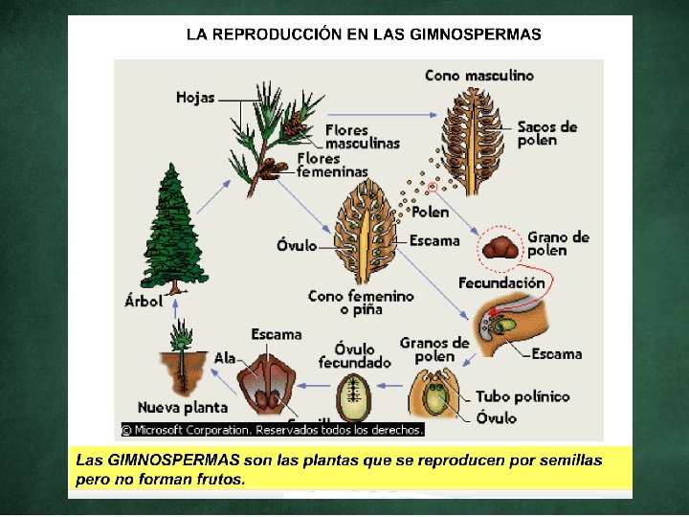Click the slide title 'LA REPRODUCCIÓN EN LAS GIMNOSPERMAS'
pyautogui.click(x=364, y=34)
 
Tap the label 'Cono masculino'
pyautogui.click(x=478, y=75)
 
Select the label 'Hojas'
pyautogui.click(x=195, y=97)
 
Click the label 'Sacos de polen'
pyautogui.click(x=547, y=133)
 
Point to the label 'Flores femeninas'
pyautogui.click(x=331, y=165)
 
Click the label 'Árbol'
pyautogui.click(x=144, y=300)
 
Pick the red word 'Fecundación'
pyautogui.click(x=501, y=282)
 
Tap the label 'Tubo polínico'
pyautogui.click(x=522, y=396)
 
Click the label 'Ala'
pyautogui.click(x=225, y=357)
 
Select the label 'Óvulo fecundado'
pyautogui.click(x=355, y=354)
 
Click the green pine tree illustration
pyautogui.click(x=171, y=229)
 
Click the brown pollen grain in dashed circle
pyautogui.click(x=500, y=248)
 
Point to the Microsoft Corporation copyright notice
pyautogui.click(x=272, y=430)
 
